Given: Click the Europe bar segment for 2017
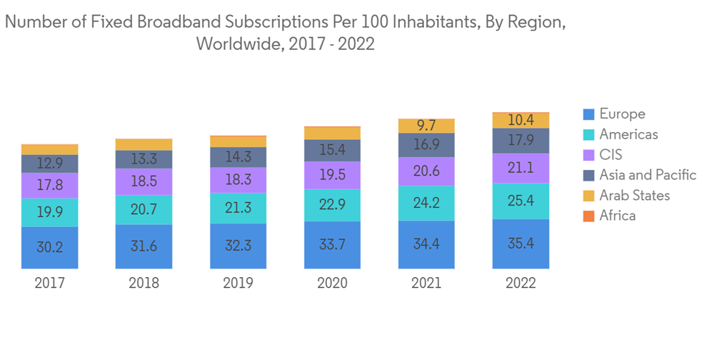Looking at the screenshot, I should (x=50, y=247).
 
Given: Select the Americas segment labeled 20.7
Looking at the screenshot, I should (x=144, y=209).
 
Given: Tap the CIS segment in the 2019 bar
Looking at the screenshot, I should (x=238, y=180).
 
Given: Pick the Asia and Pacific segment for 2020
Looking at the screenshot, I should (x=332, y=150).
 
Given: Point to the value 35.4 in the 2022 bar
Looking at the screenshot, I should (x=521, y=244).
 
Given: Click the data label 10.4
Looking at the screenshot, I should (x=521, y=120).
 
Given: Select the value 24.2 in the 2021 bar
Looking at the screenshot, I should (x=426, y=204).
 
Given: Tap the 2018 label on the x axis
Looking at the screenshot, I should (x=144, y=284).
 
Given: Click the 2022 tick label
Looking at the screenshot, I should (x=521, y=284).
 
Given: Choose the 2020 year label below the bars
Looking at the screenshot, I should (x=332, y=284).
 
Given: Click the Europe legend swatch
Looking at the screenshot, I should (x=589, y=114).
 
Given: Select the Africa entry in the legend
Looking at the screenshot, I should (x=618, y=216).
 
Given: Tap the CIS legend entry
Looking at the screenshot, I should (x=611, y=155).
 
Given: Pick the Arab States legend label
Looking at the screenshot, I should (x=635, y=196).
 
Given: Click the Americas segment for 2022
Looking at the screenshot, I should (x=521, y=201).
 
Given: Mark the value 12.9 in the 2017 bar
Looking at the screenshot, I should (x=50, y=164).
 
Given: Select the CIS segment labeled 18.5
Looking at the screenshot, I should (x=144, y=182).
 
